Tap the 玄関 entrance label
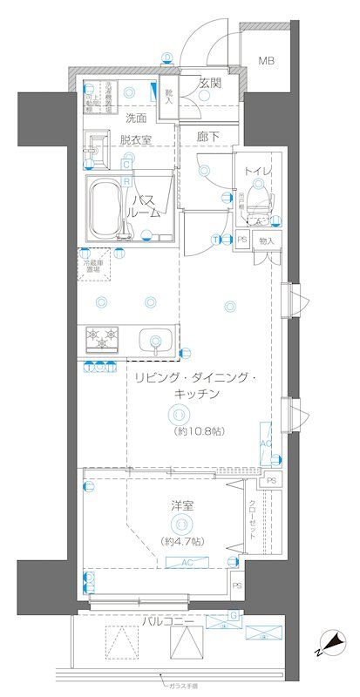point(209,84)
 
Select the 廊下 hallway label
point(208,138)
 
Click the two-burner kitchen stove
point(103,337)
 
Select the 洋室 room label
point(182,504)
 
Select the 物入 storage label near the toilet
point(266,240)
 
